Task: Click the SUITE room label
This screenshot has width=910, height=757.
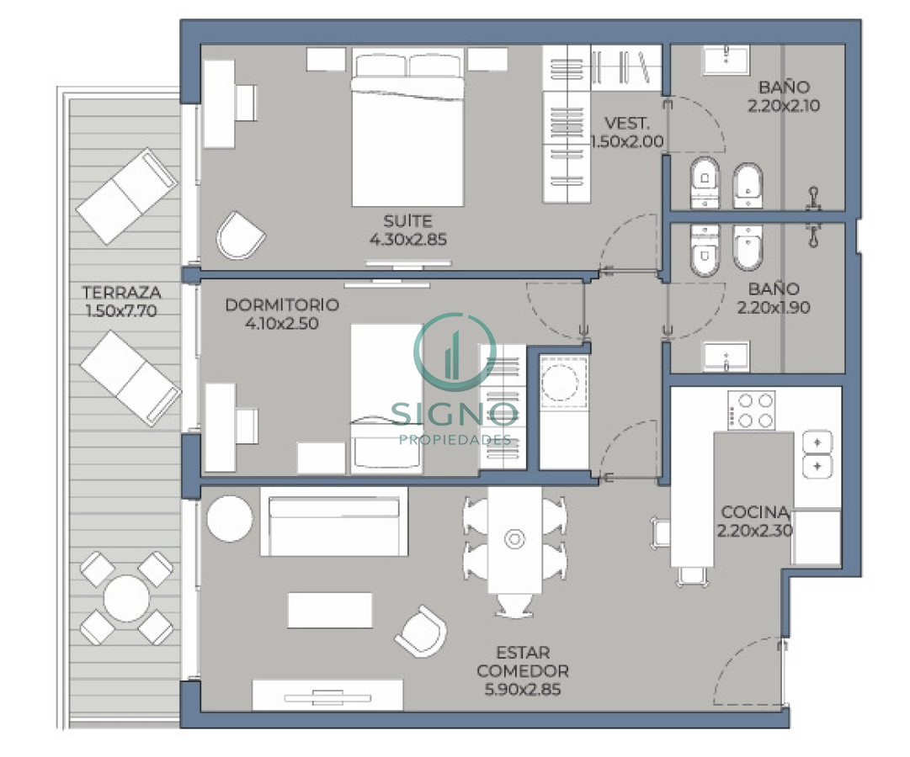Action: [x=407, y=221]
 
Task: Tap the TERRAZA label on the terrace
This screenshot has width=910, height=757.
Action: [x=121, y=293]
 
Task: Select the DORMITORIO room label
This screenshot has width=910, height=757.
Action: [x=282, y=304]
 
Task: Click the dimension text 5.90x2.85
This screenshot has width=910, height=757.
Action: [x=522, y=690]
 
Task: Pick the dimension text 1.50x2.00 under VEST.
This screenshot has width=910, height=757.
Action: [x=626, y=141]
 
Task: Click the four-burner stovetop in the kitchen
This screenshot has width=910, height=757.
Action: [x=751, y=410]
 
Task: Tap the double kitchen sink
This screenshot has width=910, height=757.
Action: [x=817, y=454]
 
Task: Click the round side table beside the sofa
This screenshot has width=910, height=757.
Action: [x=229, y=519]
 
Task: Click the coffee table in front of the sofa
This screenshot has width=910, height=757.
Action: [x=329, y=610]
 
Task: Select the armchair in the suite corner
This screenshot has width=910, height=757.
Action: [x=241, y=235]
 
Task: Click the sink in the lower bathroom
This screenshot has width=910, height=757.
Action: [x=726, y=357]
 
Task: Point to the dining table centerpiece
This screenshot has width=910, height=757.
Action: [x=514, y=538]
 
